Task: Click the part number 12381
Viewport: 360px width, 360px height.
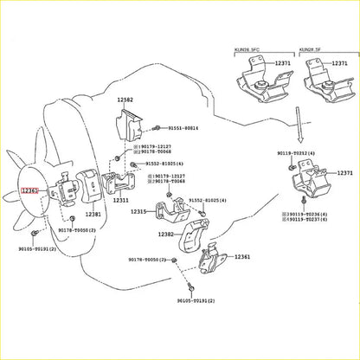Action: click(92, 214)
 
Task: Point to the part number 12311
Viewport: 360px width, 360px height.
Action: click(119, 200)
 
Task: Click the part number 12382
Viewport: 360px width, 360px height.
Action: click(168, 235)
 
